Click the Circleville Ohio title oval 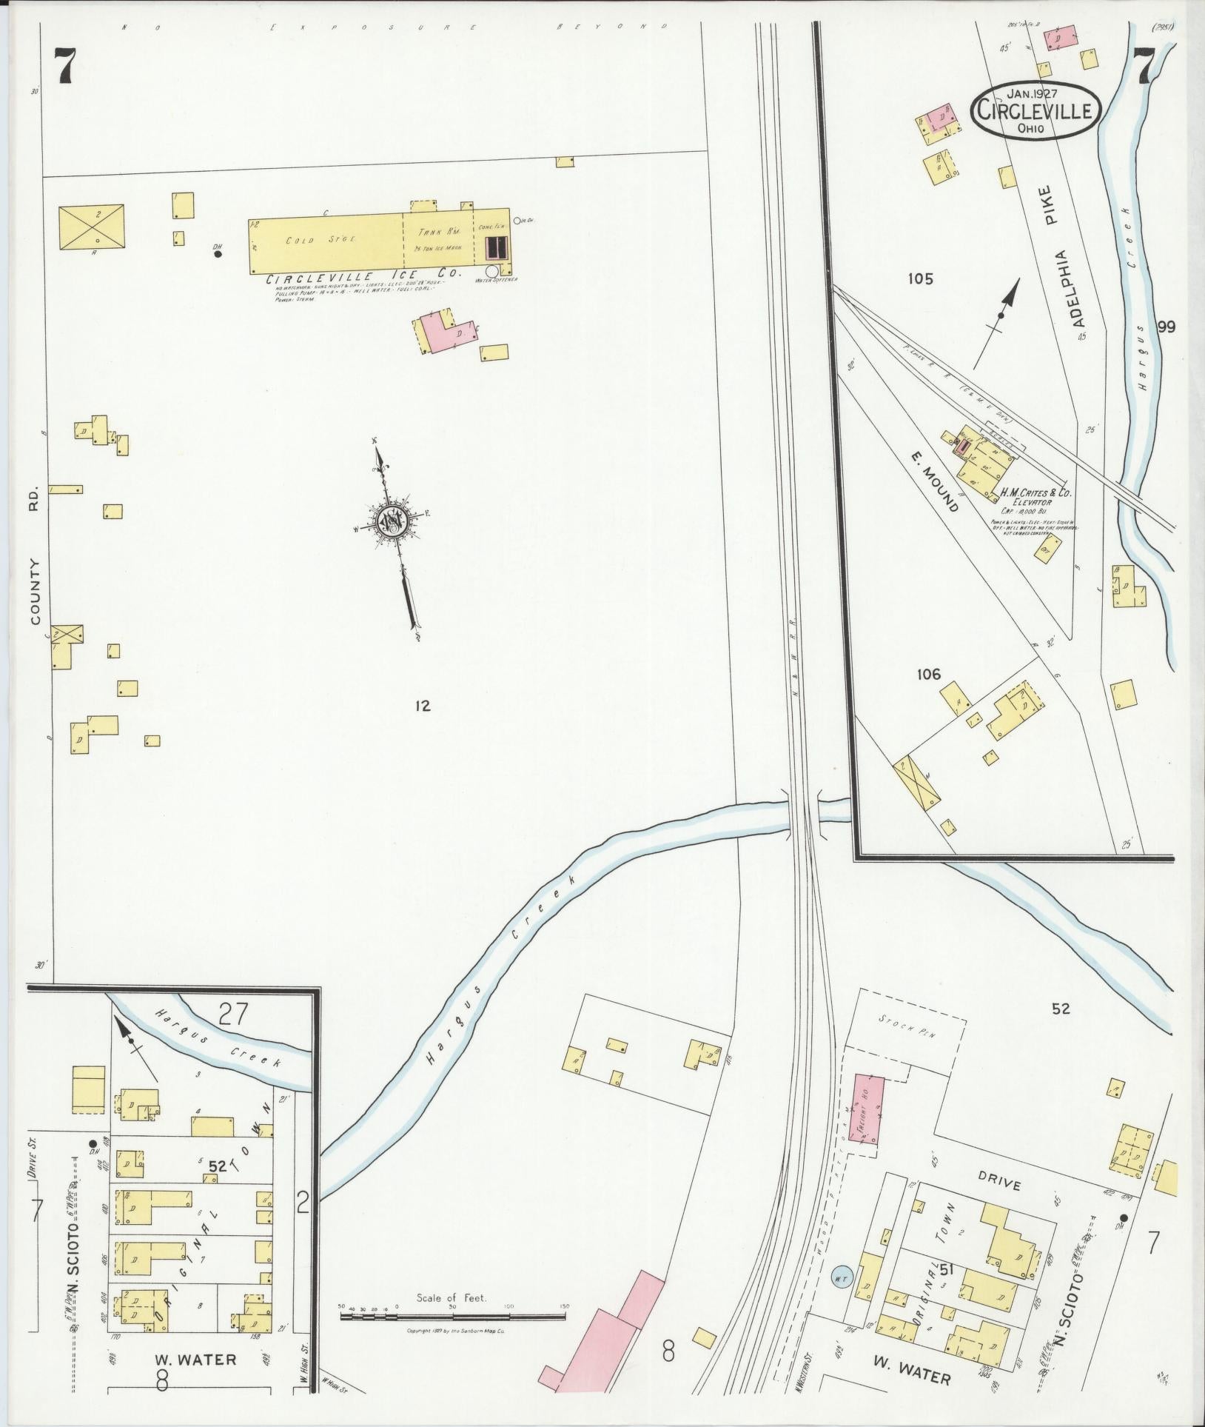pos(1035,110)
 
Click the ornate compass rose pos(390,523)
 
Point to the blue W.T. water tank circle pos(842,1277)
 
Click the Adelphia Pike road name pos(1067,266)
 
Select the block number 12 pos(423,706)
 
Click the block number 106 pos(928,674)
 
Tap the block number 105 pos(921,279)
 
